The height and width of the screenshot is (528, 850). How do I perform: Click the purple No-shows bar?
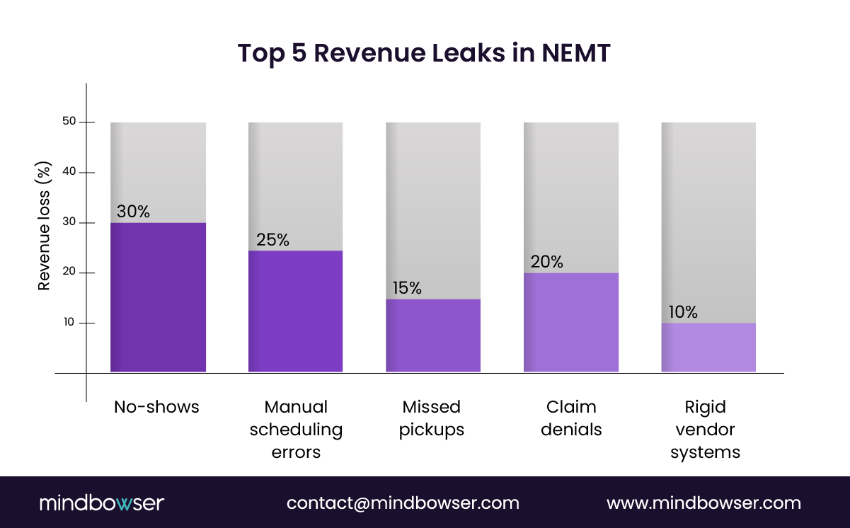[158, 297]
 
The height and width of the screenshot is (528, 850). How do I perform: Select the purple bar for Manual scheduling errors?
[295, 311]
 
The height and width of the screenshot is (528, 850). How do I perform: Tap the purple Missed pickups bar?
[433, 335]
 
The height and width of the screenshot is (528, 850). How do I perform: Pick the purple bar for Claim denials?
[570, 323]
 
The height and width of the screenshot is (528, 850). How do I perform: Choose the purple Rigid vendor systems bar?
[708, 348]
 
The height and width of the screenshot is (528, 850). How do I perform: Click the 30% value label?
[133, 212]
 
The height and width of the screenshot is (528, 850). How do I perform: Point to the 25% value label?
[272, 240]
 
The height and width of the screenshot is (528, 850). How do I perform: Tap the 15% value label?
[407, 288]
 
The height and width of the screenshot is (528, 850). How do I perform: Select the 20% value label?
[546, 262]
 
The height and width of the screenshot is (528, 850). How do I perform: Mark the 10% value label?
[683, 312]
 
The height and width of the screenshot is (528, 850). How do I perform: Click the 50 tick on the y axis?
[69, 122]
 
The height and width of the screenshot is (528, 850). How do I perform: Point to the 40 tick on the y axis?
[69, 172]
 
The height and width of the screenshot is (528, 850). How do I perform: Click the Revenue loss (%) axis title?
[44, 225]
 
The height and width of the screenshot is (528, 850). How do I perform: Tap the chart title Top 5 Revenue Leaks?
[424, 54]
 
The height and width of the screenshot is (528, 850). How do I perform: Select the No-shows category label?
[156, 407]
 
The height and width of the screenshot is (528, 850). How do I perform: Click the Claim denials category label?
[571, 418]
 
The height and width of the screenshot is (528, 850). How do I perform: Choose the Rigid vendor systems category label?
[705, 430]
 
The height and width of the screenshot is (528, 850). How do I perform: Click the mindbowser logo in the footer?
[102, 503]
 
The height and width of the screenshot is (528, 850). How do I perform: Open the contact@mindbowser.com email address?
[403, 503]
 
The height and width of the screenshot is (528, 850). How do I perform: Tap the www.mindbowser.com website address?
[703, 503]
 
